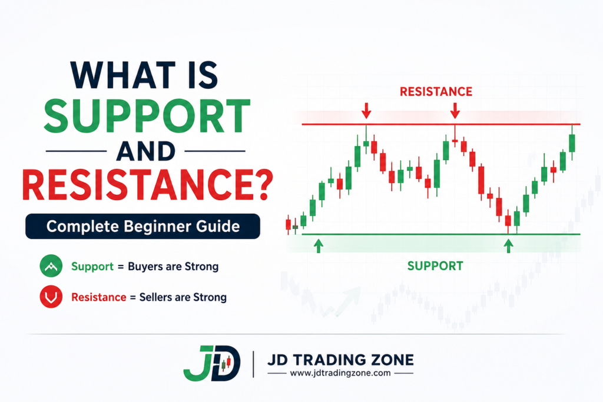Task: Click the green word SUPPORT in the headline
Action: tap(147, 116)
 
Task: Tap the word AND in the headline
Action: tap(146, 151)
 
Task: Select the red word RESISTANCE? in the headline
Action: tap(147, 185)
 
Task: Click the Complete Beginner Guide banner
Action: tap(143, 226)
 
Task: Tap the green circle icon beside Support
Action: tap(51, 266)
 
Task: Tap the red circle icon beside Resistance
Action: tap(51, 297)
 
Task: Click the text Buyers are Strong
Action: tap(173, 267)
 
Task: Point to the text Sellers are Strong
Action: tap(183, 297)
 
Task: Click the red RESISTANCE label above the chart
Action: tap(436, 91)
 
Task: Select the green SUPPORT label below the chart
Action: tap(435, 266)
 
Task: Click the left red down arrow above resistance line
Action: tap(366, 110)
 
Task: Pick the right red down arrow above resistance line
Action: tap(455, 110)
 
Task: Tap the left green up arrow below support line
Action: tap(319, 246)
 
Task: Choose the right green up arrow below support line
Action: tap(509, 246)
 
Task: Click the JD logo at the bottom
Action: tap(212, 363)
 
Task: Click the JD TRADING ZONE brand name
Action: tap(340, 360)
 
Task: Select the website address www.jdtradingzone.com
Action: tap(340, 373)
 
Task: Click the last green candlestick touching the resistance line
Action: tap(572, 142)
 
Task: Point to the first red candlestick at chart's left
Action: tap(289, 225)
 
